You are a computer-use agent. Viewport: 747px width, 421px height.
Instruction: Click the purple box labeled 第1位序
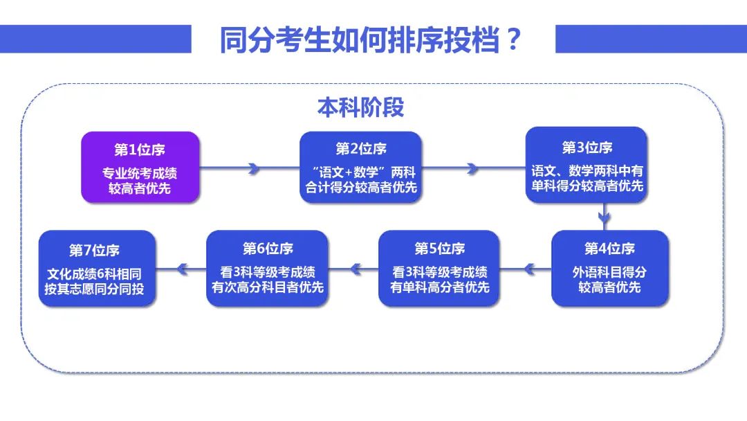[x=140, y=168]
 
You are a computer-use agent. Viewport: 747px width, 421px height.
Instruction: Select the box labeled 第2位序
[x=360, y=168]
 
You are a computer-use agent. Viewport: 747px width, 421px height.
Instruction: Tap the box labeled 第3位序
[x=587, y=165]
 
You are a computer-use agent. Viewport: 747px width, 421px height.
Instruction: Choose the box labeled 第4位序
[x=610, y=269]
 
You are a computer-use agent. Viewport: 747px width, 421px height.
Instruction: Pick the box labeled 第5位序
[x=439, y=269]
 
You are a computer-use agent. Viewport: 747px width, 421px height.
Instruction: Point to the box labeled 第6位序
[x=267, y=269]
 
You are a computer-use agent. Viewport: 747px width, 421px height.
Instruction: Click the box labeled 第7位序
[x=98, y=269]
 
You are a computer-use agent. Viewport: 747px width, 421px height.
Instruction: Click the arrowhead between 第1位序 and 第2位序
[x=254, y=168]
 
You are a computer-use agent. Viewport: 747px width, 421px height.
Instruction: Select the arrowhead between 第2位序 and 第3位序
[x=472, y=168]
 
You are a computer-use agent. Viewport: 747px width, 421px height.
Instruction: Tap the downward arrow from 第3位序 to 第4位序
[x=604, y=216]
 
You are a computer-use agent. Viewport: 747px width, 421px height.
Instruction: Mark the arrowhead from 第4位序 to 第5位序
[x=529, y=269]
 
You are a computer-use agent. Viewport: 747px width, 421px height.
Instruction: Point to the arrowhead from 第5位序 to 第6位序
[x=356, y=269]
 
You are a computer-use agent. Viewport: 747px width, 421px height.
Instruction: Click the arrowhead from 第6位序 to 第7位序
[x=182, y=269]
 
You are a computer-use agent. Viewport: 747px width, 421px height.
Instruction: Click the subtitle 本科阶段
[x=360, y=107]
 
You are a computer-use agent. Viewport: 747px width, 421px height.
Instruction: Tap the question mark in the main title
[x=513, y=39]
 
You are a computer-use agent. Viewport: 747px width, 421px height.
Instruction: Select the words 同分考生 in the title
[x=275, y=39]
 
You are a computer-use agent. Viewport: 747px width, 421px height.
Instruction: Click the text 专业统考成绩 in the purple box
[x=140, y=172]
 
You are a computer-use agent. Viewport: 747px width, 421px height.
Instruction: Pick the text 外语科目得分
[x=610, y=272]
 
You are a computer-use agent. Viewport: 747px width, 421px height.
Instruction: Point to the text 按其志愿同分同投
[x=94, y=289]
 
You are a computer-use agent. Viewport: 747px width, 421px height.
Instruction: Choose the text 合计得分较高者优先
[x=361, y=188]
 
